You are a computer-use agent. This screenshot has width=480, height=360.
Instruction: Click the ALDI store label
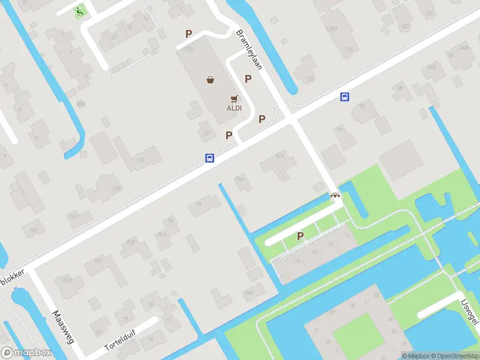click(x=234, y=109)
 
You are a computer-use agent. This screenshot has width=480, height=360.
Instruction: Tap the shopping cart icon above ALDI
click(x=234, y=98)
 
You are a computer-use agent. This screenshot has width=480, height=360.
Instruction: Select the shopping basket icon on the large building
click(x=211, y=80)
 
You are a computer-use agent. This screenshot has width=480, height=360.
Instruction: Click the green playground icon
click(x=79, y=10)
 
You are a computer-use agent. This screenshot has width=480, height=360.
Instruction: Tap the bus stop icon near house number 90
click(x=345, y=97)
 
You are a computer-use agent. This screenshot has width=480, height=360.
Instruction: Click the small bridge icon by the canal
click(x=335, y=196)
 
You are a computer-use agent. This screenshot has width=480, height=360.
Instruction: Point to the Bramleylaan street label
click(x=249, y=50)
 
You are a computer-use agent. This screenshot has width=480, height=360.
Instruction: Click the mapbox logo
click(x=25, y=353)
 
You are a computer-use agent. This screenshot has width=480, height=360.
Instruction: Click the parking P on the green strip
click(x=300, y=236)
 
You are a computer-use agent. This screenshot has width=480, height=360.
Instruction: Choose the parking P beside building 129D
click(x=189, y=35)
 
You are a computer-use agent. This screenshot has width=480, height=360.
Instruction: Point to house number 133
click(x=140, y=160)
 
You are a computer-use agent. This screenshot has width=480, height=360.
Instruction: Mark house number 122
click(x=310, y=79)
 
